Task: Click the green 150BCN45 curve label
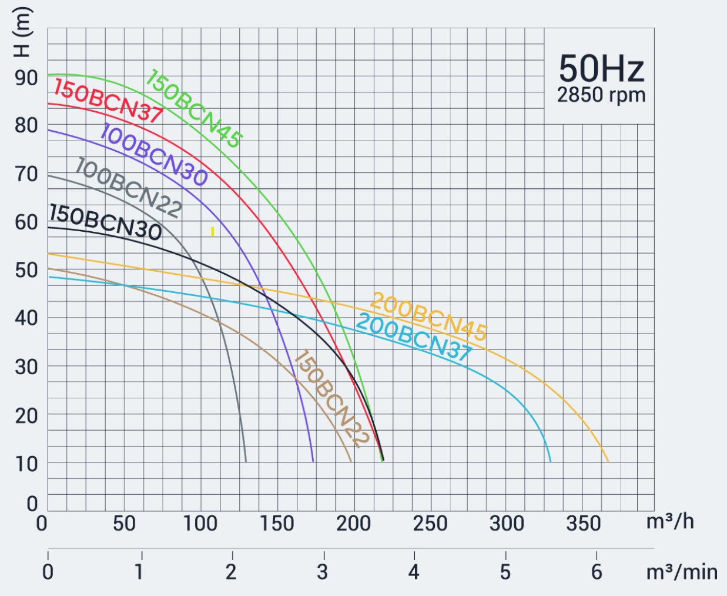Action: [193, 108]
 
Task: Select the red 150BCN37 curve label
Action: [108, 101]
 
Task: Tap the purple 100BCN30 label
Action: [153, 155]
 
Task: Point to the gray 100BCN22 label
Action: [128, 187]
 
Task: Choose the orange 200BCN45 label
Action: [428, 317]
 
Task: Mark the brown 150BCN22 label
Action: [330, 398]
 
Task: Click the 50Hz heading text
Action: [601, 68]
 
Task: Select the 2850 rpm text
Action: [601, 95]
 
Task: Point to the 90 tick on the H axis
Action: [26, 77]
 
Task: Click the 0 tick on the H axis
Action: [32, 504]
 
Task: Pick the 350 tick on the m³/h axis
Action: [583, 523]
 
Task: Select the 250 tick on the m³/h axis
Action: [430, 523]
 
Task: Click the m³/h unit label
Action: [670, 521]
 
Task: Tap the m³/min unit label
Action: [682, 571]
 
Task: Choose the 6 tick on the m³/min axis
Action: [597, 571]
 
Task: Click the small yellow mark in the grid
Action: [212, 232]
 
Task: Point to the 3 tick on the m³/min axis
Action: [323, 571]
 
